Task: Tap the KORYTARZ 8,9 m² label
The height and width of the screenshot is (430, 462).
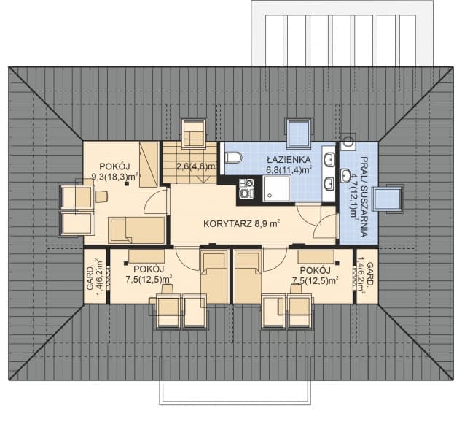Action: (x=242, y=223)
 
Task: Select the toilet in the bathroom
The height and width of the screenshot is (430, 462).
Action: (x=233, y=157)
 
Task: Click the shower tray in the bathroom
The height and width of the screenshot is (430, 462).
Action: (x=276, y=188)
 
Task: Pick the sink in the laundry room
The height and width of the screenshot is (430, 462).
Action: (x=345, y=176)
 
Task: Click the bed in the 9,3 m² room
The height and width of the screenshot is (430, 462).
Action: (x=136, y=230)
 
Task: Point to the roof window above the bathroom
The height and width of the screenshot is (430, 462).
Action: (x=299, y=133)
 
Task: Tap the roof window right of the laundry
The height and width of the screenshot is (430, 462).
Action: (x=388, y=199)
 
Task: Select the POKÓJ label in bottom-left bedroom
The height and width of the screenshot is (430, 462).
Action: (x=149, y=269)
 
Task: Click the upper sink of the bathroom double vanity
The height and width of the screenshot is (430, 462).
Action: (x=329, y=160)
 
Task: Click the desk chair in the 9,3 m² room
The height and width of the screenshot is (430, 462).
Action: (x=101, y=196)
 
